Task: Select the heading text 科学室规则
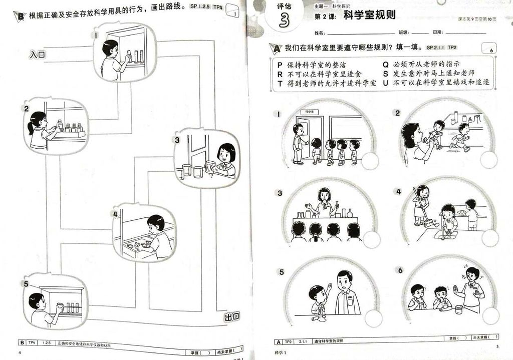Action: click(369, 16)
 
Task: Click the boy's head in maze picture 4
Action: click(156, 223)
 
